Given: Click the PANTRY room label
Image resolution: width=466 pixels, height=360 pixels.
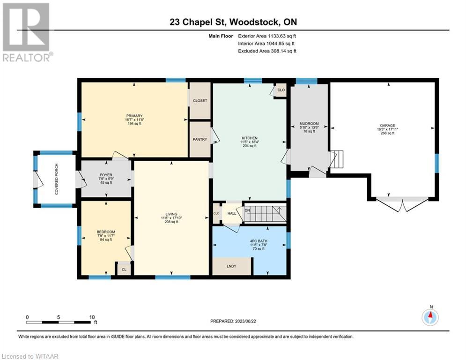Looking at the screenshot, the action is pos(200,139).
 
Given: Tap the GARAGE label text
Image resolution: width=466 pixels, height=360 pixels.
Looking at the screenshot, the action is pos(387,126).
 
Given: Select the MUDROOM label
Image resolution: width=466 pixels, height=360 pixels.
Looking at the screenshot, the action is pos(309,123).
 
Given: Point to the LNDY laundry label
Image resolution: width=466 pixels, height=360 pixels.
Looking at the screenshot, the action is pos(231,266).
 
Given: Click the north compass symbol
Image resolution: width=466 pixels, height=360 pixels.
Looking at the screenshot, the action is pos(430,317).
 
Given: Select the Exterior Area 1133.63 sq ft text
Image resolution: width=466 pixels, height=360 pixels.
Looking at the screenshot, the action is pos(267,36).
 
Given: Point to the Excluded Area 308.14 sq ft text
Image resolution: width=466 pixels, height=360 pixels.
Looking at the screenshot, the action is pos(267,51).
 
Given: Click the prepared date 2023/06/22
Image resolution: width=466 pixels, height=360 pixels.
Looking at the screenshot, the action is pos(245,321).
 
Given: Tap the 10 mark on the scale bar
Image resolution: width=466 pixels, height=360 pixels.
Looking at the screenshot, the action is pos(92,317).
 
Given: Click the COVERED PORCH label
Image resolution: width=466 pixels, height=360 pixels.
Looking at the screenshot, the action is pos(57,179).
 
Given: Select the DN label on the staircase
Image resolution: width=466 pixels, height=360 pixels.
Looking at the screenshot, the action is pos(247,210).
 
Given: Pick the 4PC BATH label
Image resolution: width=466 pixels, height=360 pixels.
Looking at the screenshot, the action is pos(259,241).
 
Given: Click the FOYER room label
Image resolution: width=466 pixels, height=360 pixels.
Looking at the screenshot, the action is pos(106,175).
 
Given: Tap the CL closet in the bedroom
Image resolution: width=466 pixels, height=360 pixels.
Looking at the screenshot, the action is pos(124,270).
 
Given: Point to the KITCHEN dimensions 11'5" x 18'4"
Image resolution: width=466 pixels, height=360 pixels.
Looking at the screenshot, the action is pos(250,142).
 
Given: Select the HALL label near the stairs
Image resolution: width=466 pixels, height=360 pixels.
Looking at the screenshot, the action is pos(232,213).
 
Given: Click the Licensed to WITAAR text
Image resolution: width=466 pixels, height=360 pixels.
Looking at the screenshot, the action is pos(30,356).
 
